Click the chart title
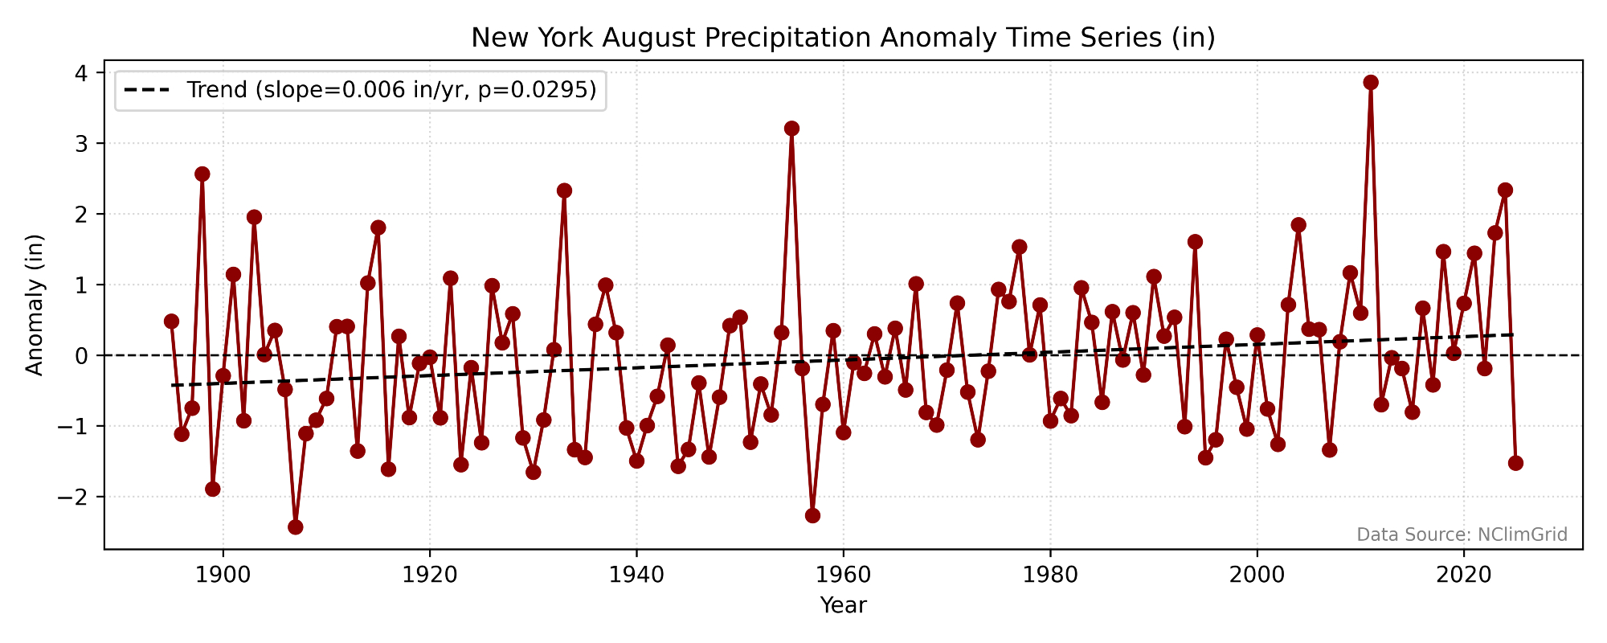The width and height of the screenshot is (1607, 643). [x=843, y=38]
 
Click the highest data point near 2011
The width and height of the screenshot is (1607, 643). [x=1371, y=83]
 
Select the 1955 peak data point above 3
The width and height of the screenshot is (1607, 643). [x=791, y=129]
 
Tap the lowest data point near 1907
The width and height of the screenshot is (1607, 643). [x=296, y=527]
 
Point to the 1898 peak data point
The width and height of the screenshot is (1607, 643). [x=202, y=174]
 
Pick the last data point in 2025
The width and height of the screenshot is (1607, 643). [x=1515, y=463]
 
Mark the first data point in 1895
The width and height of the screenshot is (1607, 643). [x=171, y=321]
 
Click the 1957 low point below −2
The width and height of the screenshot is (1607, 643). [x=812, y=516]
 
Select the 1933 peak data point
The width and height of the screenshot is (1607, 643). [x=564, y=190]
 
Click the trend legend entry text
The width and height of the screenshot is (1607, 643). [x=391, y=90]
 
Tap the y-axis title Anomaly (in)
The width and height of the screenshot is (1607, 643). [x=34, y=305]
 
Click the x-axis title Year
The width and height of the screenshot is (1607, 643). [x=843, y=605]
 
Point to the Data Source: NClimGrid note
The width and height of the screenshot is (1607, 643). [x=1462, y=534]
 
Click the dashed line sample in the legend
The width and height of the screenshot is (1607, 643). [x=147, y=90]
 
